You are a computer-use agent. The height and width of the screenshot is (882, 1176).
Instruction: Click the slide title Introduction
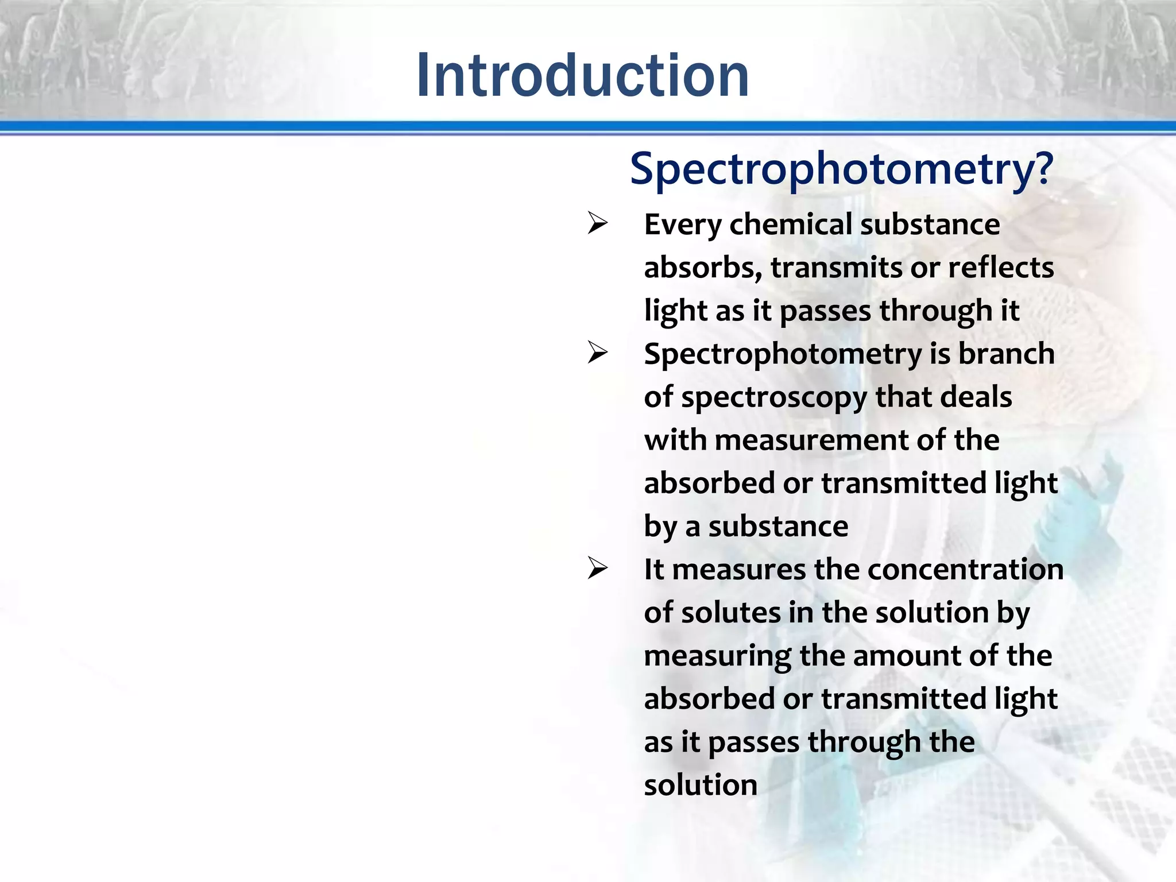[582, 75]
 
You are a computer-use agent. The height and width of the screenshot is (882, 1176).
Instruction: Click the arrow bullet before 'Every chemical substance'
[598, 224]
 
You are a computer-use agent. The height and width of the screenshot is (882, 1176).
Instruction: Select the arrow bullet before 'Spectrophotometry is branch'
[598, 353]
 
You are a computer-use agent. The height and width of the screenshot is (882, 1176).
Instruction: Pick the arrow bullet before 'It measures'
[598, 569]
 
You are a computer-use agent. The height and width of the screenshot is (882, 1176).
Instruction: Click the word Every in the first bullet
[682, 225]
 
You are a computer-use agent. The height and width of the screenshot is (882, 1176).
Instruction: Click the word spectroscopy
[774, 398]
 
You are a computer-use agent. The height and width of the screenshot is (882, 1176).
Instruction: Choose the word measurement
[811, 440]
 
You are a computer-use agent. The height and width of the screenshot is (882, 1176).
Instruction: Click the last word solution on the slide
[701, 785]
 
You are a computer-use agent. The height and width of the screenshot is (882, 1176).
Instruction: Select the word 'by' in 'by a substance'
[660, 527]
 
